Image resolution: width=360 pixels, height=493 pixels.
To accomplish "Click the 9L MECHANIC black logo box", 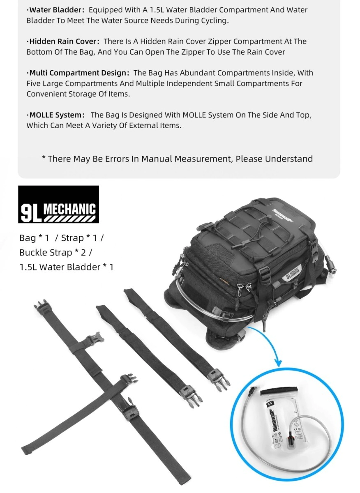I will click(x=58, y=210).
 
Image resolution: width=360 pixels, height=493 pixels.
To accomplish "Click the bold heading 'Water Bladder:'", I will click(x=56, y=9).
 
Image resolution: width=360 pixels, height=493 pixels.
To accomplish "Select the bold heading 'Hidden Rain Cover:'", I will click(x=64, y=41).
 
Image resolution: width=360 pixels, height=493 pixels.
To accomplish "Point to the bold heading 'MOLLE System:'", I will click(x=56, y=115).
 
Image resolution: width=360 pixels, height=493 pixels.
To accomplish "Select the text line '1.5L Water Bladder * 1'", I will click(x=67, y=267).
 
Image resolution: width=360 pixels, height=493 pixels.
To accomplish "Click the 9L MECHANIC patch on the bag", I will click(x=291, y=274).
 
